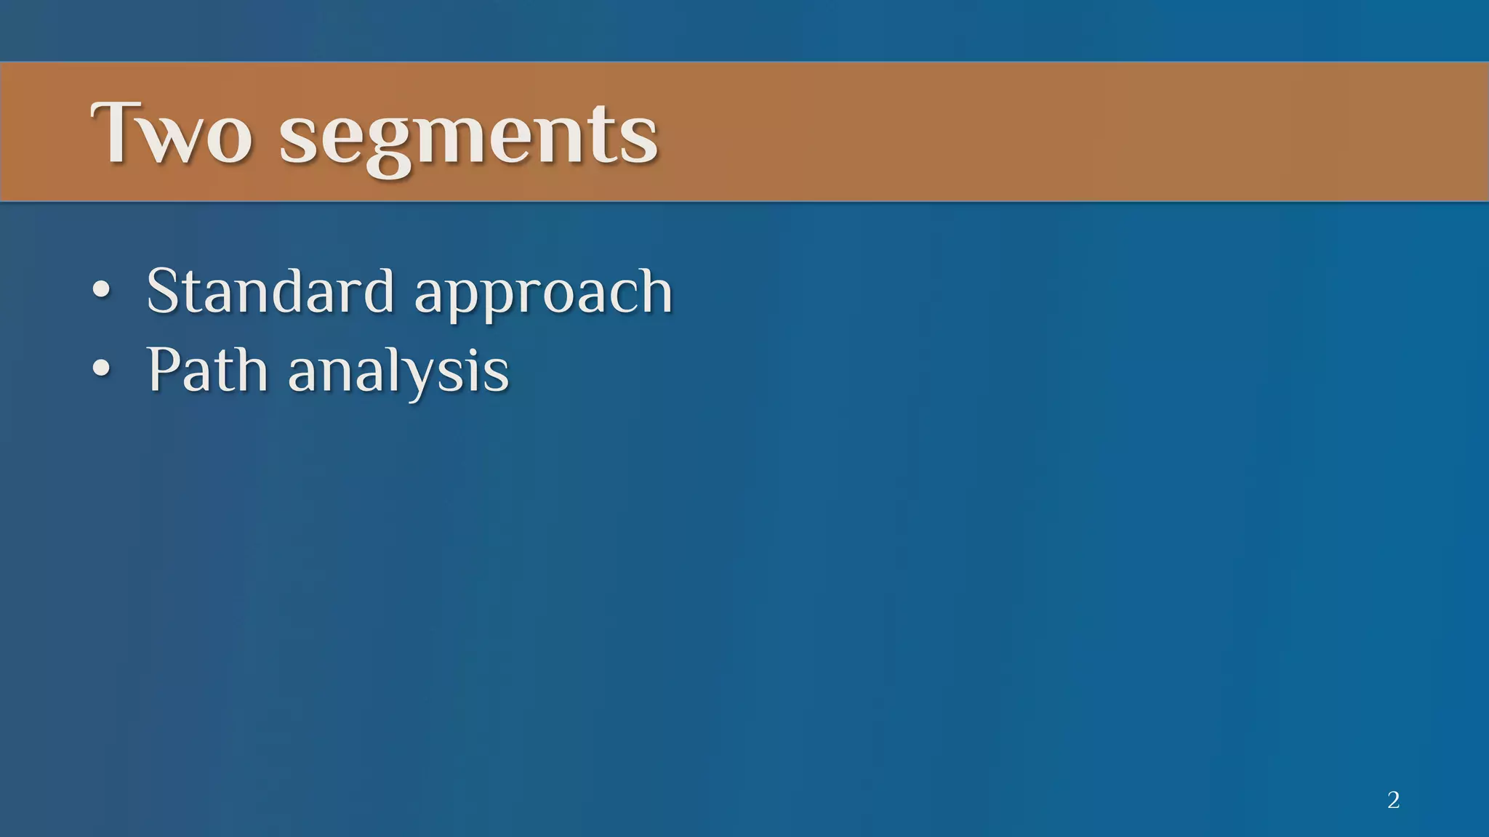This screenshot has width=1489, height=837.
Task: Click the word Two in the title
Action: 172,134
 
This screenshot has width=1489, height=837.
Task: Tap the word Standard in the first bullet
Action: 270,291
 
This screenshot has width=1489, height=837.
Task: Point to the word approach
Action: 543,294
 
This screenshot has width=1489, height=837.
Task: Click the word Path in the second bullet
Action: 207,370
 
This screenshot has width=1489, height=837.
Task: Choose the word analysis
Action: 398,372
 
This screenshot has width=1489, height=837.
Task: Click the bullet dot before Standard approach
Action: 102,291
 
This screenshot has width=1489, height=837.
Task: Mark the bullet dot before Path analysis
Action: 102,369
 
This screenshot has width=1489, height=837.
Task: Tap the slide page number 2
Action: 1393,800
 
